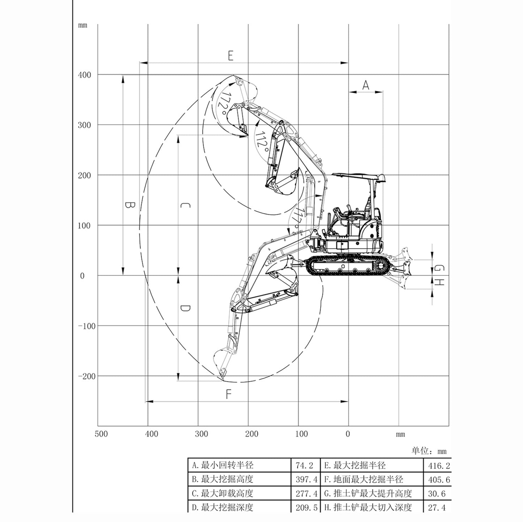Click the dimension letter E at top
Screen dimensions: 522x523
(x=231, y=56)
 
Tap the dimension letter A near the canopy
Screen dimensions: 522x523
(x=366, y=85)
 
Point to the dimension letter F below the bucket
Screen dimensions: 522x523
(x=228, y=394)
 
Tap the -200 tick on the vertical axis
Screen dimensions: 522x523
(x=87, y=376)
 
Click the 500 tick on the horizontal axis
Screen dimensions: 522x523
(x=101, y=434)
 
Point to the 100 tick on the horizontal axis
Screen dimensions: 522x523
(x=301, y=434)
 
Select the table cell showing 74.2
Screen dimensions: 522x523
(x=304, y=466)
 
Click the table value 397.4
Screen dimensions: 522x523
(x=306, y=480)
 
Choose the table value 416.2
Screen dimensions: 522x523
(x=439, y=466)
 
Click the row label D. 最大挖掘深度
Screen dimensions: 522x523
(x=222, y=508)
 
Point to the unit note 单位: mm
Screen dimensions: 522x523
(x=429, y=451)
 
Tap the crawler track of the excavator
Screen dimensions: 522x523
(x=347, y=266)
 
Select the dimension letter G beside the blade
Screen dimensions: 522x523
(x=439, y=269)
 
